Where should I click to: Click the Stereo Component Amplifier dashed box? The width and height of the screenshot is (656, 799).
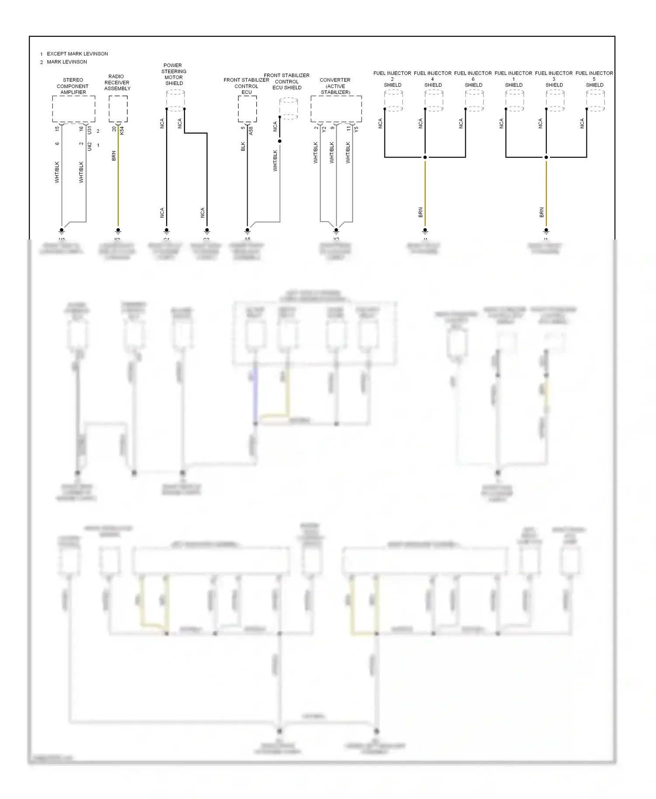click(x=73, y=109)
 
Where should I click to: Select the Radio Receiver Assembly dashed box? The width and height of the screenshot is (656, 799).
click(x=118, y=109)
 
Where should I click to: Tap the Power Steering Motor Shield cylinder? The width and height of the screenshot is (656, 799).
click(x=175, y=101)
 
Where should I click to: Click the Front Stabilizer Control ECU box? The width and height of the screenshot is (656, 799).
click(x=247, y=109)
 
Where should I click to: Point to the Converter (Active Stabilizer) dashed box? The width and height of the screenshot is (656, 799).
click(x=336, y=109)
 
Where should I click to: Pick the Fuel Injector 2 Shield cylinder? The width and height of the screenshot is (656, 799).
click(x=393, y=101)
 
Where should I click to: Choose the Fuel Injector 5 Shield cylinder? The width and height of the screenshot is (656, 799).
click(x=595, y=101)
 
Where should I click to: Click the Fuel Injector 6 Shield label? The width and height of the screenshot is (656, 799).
click(x=473, y=79)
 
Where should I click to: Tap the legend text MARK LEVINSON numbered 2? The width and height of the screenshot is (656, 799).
click(x=66, y=62)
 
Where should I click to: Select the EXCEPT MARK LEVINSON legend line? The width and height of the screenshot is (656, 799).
click(x=77, y=54)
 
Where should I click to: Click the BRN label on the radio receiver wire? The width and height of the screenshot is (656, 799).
click(x=114, y=156)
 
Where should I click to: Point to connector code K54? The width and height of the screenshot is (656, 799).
click(x=122, y=130)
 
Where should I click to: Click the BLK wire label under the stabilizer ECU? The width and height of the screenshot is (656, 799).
click(x=243, y=147)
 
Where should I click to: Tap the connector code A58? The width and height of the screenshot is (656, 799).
click(x=251, y=130)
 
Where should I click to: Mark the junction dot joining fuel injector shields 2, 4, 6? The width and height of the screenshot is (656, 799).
click(x=425, y=157)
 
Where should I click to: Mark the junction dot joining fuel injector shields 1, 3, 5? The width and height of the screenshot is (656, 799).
click(x=546, y=157)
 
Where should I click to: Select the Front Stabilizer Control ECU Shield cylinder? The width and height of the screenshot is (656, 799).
click(x=289, y=109)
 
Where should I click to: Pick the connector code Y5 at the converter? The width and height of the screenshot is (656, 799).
click(x=356, y=129)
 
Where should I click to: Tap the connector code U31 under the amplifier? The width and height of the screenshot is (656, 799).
click(x=89, y=130)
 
